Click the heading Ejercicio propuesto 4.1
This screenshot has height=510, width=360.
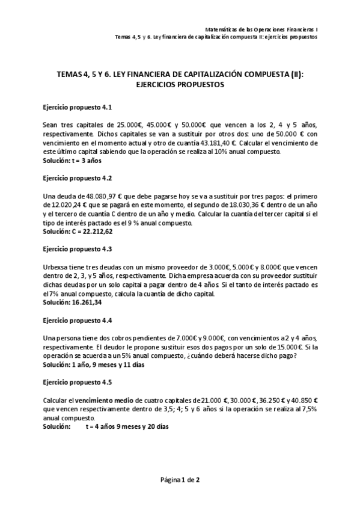[78, 106]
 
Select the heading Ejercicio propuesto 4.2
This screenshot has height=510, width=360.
[78, 179]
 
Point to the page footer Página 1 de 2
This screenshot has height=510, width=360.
[180, 479]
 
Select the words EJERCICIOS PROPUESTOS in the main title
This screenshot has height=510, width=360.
[180, 85]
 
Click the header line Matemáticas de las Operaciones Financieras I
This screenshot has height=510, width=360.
[263, 28]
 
